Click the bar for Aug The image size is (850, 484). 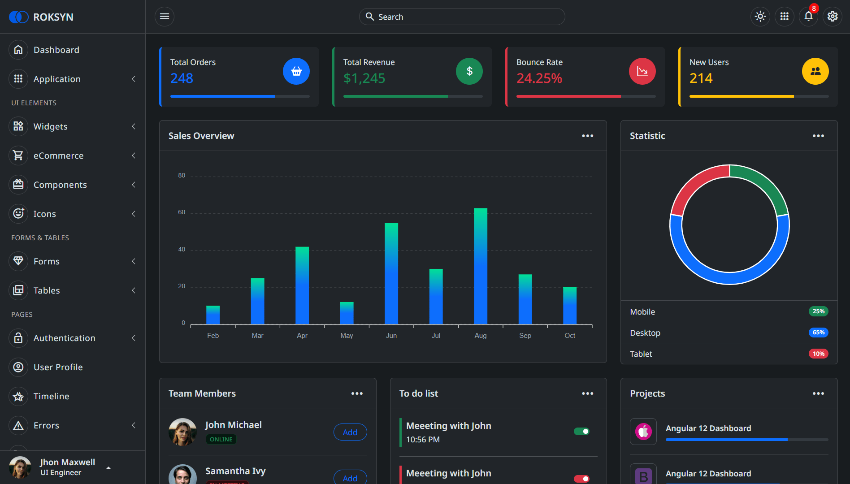tap(481, 266)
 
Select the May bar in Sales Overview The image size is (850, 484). tap(347, 313)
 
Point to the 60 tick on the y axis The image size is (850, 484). tap(182, 212)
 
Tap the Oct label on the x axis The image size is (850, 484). tap(570, 336)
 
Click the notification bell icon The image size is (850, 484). tap(808, 17)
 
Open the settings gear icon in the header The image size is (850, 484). tap(833, 17)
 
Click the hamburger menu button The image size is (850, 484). tap(165, 17)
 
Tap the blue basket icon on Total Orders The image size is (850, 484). tap(296, 71)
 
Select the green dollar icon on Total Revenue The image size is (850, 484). tap(469, 71)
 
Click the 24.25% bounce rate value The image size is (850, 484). tap(539, 78)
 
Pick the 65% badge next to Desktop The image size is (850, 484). tap(819, 333)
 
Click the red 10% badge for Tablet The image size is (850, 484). tap(819, 354)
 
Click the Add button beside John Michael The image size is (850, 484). tap(350, 432)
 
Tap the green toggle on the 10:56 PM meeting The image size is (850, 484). tap(581, 431)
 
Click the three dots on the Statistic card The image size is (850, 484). tap(818, 136)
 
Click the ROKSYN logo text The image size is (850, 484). tap(53, 17)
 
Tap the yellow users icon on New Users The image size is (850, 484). tap(815, 71)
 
